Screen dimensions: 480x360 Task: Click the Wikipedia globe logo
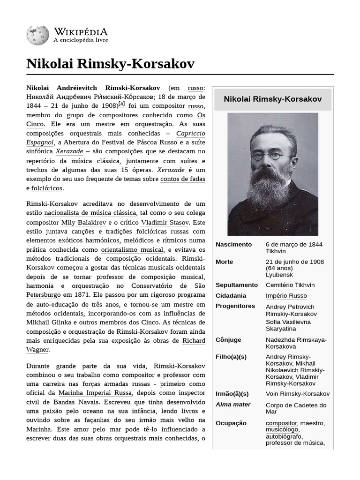(37, 36)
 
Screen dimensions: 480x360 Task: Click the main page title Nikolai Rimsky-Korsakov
(110, 64)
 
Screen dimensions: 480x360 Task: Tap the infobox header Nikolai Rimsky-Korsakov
(272, 99)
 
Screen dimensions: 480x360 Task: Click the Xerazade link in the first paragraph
(69, 151)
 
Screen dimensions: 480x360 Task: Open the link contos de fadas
(182, 179)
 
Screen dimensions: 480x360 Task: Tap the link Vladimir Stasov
(165, 223)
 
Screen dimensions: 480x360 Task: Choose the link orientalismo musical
(132, 250)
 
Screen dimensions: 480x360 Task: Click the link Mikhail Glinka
(49, 322)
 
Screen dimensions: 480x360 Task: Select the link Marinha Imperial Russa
(95, 393)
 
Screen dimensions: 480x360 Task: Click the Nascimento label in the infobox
(233, 244)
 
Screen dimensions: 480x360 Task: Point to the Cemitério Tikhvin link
(290, 285)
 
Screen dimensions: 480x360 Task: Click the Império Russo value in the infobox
(286, 296)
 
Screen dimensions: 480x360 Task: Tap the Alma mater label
(233, 405)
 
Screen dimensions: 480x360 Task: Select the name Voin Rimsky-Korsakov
(297, 394)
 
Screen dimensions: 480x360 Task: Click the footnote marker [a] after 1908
(122, 104)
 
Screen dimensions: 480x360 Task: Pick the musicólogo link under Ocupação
(282, 429)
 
